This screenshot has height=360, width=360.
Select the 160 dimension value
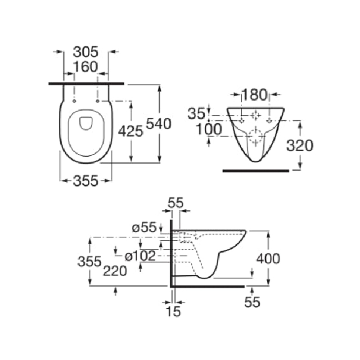(x=85, y=67)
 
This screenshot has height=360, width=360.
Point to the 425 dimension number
(x=130, y=131)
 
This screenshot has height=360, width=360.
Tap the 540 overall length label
(x=158, y=123)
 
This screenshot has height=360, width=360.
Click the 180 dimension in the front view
(x=255, y=95)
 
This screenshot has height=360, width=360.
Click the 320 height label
(x=299, y=145)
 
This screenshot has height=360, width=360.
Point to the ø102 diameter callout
(x=140, y=256)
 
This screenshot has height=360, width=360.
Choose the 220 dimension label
(x=115, y=270)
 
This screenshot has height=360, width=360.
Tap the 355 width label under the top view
(x=85, y=181)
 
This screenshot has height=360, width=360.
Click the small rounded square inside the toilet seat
(x=85, y=122)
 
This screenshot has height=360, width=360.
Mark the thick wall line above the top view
(x=85, y=84)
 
